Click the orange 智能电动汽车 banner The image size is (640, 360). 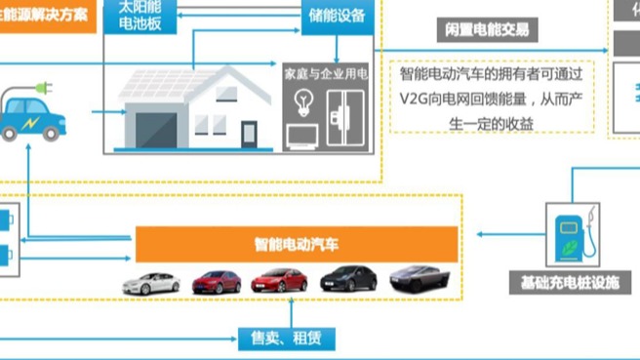pyautogui.click(x=297, y=245)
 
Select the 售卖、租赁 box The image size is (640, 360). pyautogui.click(x=287, y=338)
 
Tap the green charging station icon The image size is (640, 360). pyautogui.click(x=570, y=236)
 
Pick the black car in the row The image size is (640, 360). pyautogui.click(x=347, y=279)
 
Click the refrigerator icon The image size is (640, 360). pyautogui.click(x=343, y=115)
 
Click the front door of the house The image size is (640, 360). pyautogui.click(x=249, y=134)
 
